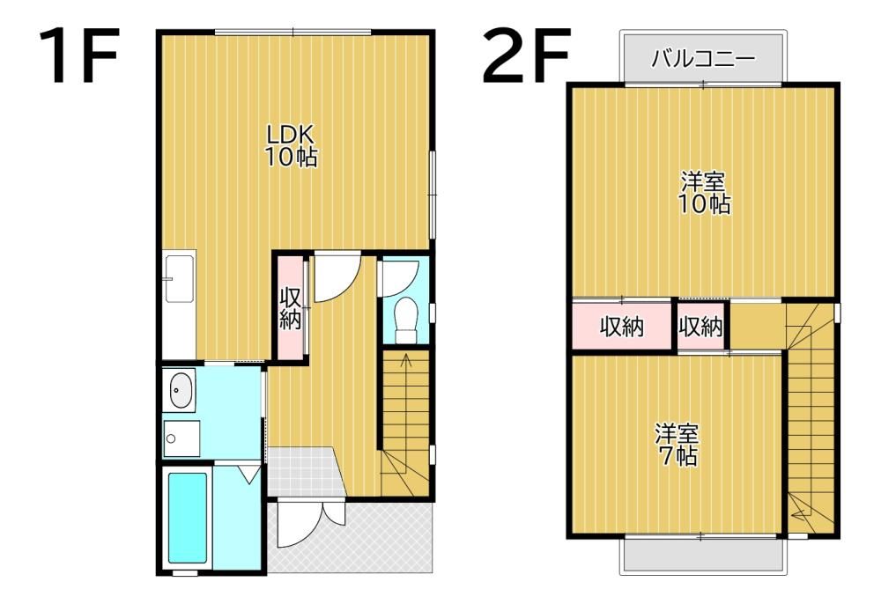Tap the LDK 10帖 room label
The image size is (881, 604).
pos(291,145)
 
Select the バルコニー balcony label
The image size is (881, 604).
pos(703,58)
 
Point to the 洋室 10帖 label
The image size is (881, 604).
pos(705,193)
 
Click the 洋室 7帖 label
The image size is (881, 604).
pos(677,446)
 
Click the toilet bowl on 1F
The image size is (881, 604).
pos(405,320)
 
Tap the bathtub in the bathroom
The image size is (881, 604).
pos(187,517)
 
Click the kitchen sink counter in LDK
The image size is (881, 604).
pos(179,278)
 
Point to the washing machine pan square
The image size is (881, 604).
pos(181,438)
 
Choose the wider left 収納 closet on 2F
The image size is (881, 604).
pos(622,326)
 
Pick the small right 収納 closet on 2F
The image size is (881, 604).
pos(700,326)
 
